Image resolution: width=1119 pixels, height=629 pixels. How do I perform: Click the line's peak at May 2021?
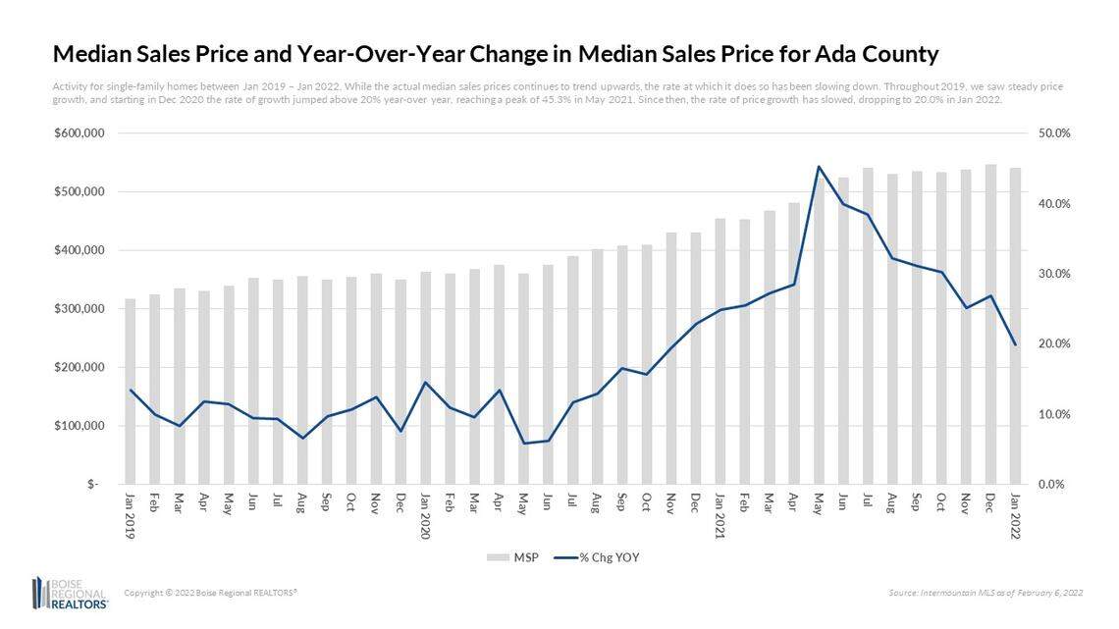[x=819, y=167]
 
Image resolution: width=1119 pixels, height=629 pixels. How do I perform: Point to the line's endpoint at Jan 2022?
[x=1015, y=344]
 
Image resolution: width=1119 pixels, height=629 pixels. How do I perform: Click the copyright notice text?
[x=210, y=593]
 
